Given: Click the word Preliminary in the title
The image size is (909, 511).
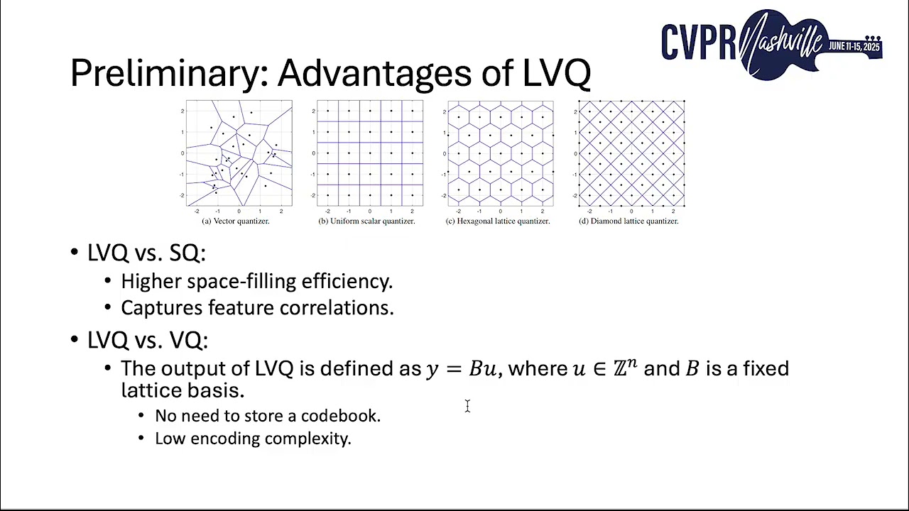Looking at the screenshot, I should point(168,72).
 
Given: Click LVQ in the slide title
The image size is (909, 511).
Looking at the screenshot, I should point(557,72).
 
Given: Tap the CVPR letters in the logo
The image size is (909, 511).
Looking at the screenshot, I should point(699,43).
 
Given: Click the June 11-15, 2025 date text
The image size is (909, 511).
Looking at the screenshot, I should point(854,46).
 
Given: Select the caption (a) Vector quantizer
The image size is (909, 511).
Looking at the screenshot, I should point(236,221).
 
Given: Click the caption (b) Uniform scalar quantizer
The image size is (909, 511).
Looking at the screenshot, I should point(366,221).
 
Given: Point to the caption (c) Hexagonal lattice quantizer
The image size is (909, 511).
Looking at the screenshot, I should point(498,221).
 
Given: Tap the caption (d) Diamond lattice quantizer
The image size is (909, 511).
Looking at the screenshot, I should point(628,221).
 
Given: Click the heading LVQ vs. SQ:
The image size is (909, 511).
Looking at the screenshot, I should point(146,253).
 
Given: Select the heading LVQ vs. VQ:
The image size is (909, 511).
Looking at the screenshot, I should point(147,340).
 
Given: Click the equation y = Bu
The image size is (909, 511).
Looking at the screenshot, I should point(462,369).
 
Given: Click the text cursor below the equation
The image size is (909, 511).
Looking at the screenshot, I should point(467,405).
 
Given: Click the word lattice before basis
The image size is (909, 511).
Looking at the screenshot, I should point(152,390).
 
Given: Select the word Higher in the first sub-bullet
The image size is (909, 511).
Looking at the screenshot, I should point(151,281).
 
